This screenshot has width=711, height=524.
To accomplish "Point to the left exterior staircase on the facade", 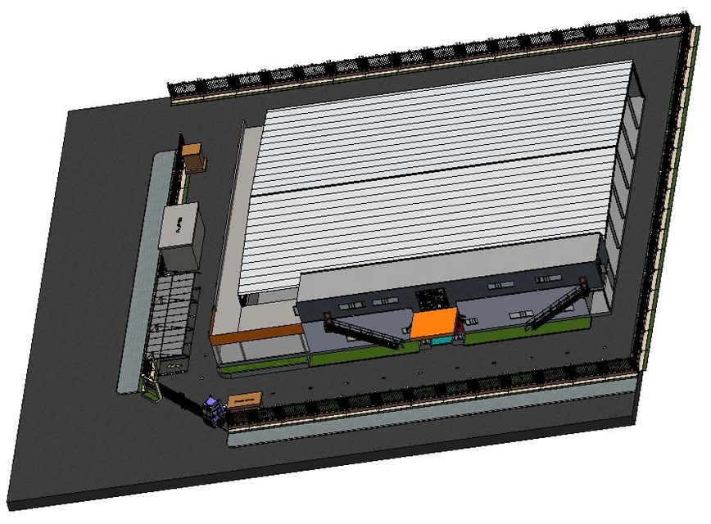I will click(x=365, y=332).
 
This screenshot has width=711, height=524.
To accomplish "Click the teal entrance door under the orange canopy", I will click(x=441, y=339).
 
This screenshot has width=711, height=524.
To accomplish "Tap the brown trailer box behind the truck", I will click(x=244, y=400).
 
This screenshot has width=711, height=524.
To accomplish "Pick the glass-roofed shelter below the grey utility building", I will click(x=172, y=315).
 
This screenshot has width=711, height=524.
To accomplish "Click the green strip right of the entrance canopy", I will click(x=524, y=329).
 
